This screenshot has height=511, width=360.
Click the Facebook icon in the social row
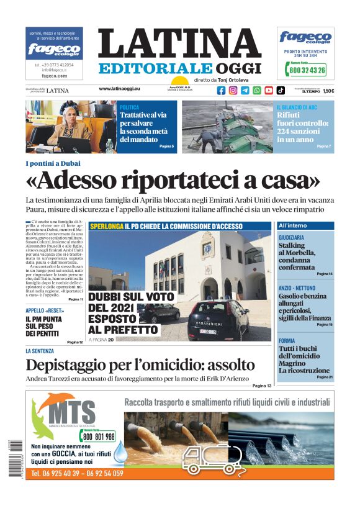point(222,90)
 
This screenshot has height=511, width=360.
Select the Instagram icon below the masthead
point(233,90)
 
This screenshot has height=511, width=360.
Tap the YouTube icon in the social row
point(269,90)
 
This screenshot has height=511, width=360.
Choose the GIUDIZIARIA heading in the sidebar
point(292,238)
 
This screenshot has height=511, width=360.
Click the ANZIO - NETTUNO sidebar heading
point(297,288)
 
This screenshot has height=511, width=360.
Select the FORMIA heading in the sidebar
point(287,341)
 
